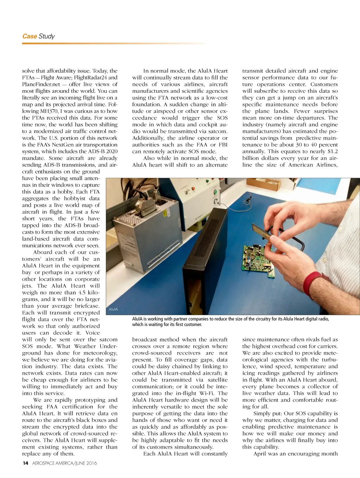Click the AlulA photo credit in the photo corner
click(113, 309)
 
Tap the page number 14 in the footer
click(25, 463)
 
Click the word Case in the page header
click(30, 36)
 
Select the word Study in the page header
click(47, 36)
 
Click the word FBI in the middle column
click(223, 145)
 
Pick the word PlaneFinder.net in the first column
click(41, 84)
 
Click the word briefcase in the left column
click(88, 306)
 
